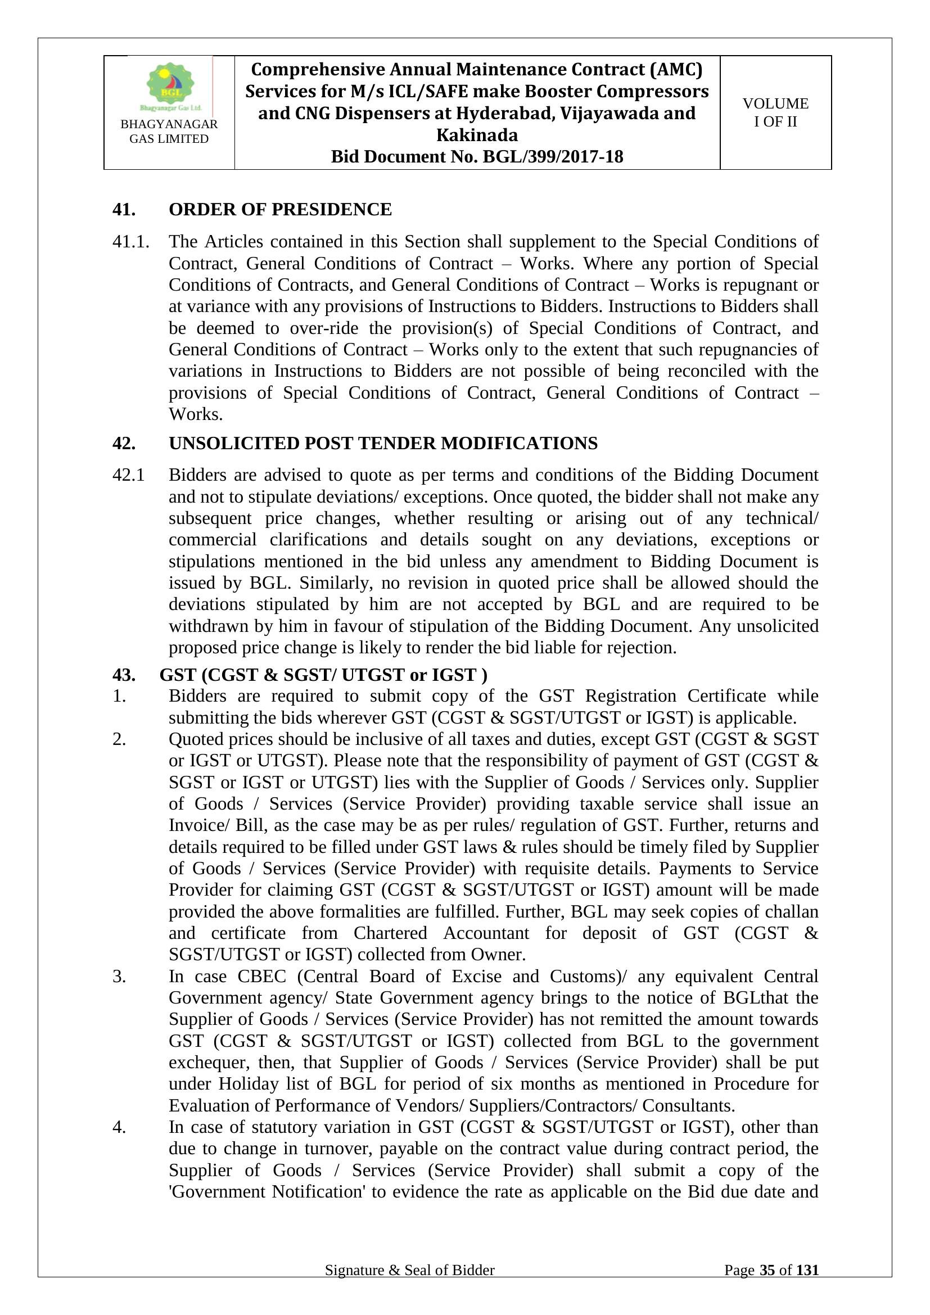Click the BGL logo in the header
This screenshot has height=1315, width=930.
170,86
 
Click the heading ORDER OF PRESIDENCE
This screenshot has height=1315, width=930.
280,210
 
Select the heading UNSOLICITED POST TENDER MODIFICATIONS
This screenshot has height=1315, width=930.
382,442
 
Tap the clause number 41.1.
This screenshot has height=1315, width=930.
131,242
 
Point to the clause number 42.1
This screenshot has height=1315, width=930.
129,475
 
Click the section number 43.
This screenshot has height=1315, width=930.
124,675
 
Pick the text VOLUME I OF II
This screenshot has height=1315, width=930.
775,112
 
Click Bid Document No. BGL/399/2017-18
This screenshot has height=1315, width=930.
477,156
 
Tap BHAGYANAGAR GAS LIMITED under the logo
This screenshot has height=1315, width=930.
169,131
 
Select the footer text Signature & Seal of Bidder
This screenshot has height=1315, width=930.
409,1270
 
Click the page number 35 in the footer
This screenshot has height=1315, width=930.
767,1270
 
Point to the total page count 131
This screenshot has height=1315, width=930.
807,1270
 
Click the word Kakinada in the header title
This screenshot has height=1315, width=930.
477,135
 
